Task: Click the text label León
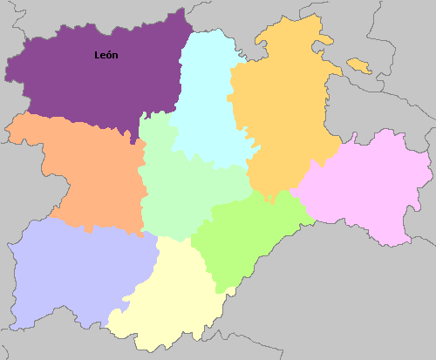(106, 56)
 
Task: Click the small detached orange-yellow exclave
(358, 65)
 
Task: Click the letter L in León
(98, 56)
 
